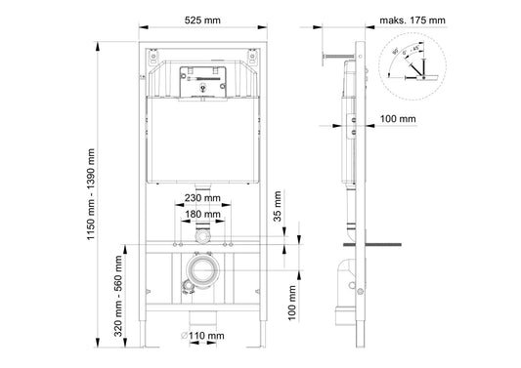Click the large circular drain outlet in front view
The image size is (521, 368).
pos(202,272)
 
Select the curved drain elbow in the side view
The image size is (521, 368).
pos(348,278)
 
